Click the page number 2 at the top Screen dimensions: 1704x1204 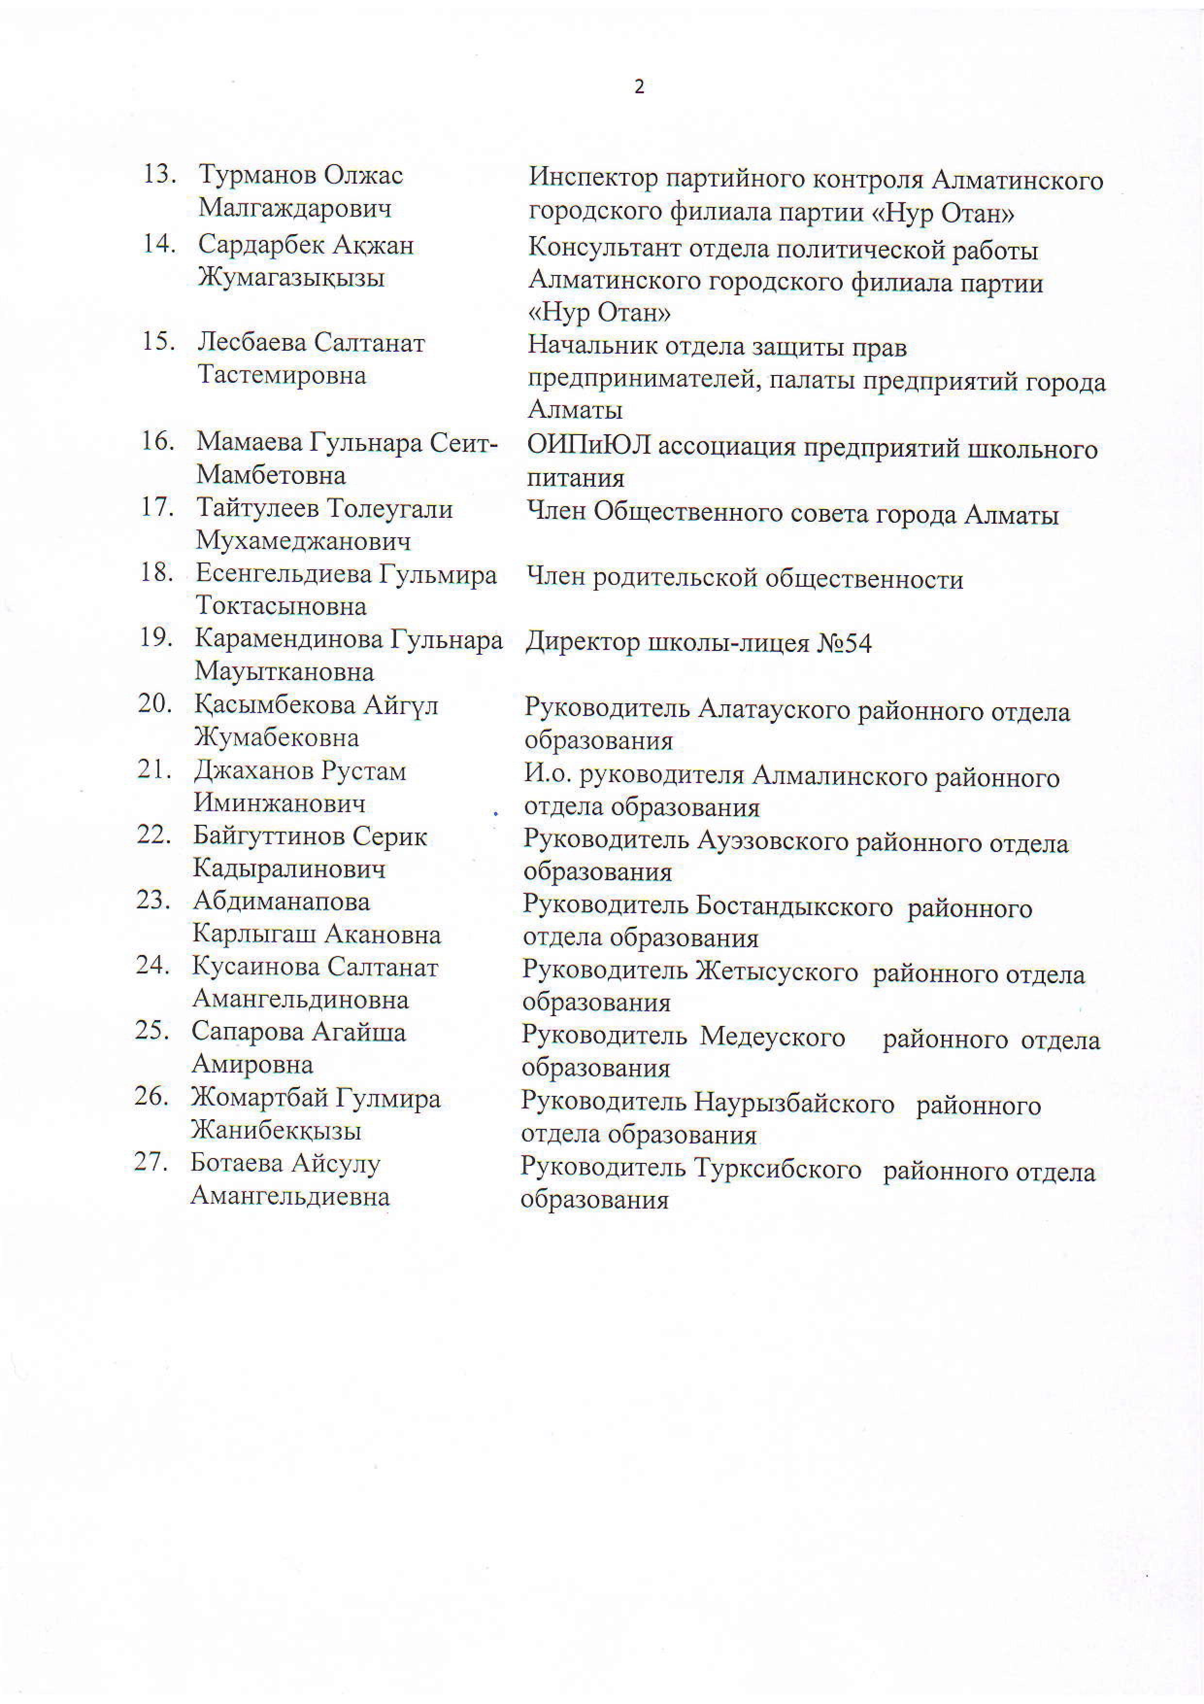pyautogui.click(x=639, y=87)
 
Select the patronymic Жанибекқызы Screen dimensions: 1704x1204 pyautogui.click(x=276, y=1130)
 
